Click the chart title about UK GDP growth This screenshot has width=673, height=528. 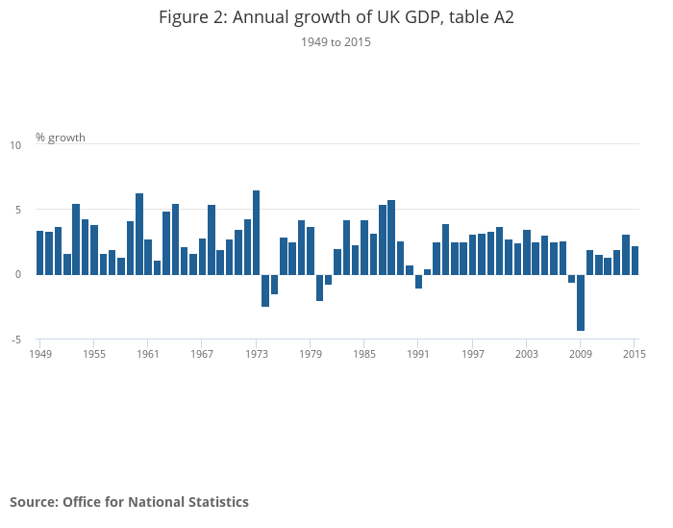pos(336,17)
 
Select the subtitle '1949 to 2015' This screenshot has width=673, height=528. pos(336,42)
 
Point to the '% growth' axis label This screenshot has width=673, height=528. pos(61,138)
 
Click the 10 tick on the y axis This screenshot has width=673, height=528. pos(15,145)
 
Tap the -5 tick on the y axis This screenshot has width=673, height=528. pos(15,339)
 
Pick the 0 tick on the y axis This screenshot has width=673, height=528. pos(17,274)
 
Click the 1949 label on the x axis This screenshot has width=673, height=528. pos(40,354)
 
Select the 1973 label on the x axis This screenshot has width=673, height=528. pos(257,354)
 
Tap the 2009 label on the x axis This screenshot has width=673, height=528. pos(581,354)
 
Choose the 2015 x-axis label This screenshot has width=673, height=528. pos(635,354)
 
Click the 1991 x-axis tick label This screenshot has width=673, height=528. pos(418,354)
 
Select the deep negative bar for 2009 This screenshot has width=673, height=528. pos(581,302)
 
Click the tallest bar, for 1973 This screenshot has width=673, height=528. pos(257,232)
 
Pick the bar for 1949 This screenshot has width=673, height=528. pos(40,252)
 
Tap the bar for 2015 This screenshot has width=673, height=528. pos(635,260)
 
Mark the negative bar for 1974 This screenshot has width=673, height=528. pos(265,290)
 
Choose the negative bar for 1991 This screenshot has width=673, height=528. pos(418,281)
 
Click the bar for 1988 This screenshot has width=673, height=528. pos(391,237)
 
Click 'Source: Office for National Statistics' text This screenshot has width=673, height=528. pos(129,502)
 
